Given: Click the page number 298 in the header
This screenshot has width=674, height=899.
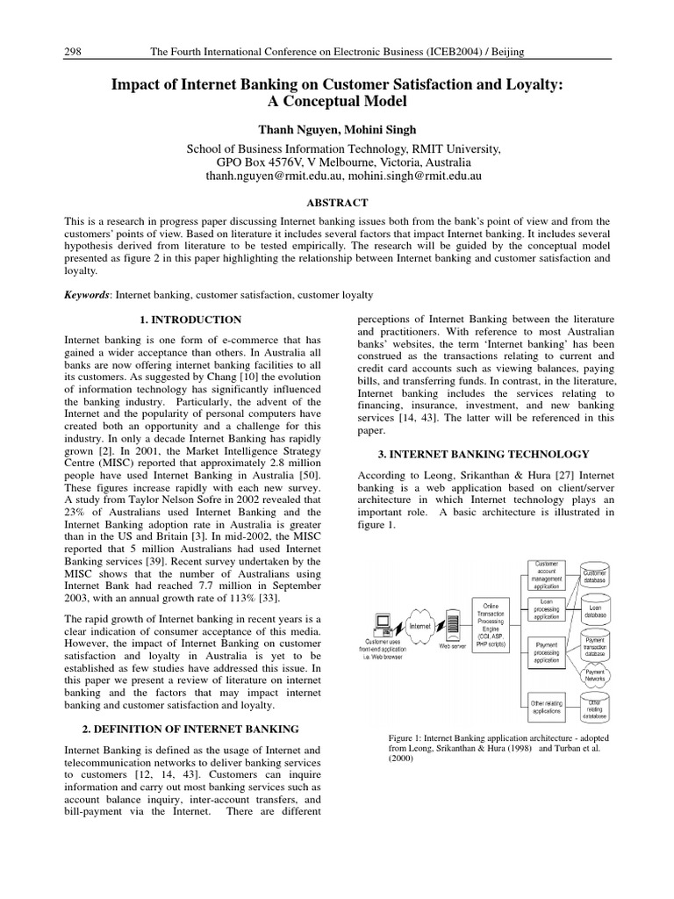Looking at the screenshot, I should [x=74, y=53].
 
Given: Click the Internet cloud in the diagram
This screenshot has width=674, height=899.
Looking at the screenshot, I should [x=419, y=626].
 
